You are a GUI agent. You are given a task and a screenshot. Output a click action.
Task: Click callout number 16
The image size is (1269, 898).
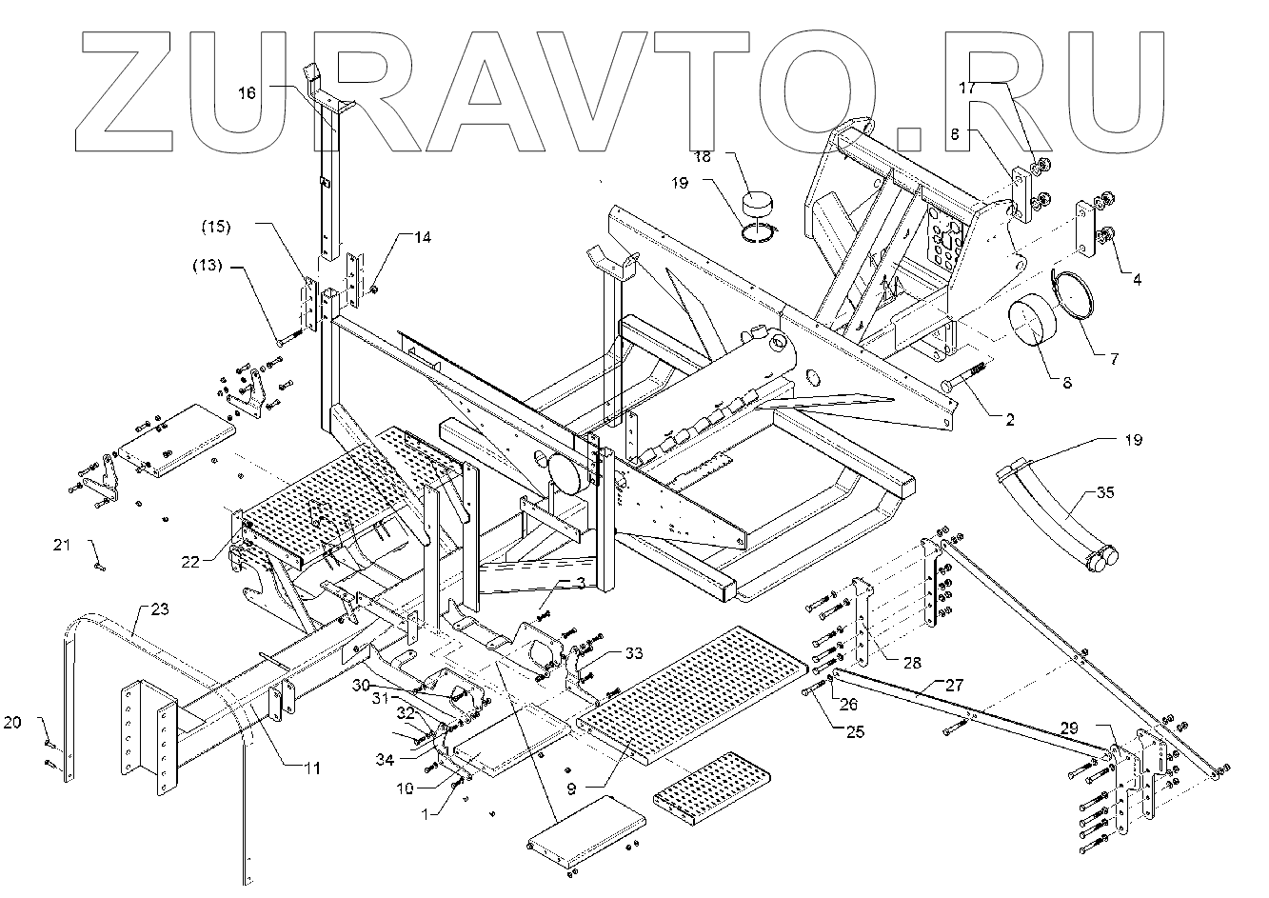click(247, 93)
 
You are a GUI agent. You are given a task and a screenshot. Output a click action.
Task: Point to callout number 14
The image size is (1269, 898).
click(421, 237)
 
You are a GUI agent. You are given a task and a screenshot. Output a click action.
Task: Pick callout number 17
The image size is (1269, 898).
click(967, 87)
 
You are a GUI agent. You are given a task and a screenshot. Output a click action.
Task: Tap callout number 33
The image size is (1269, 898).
click(634, 654)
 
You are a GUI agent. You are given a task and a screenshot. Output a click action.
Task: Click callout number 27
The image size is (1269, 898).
click(955, 684)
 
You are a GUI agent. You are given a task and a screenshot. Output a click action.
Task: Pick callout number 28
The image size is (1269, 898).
click(912, 661)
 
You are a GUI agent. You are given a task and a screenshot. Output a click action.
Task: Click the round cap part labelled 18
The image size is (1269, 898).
click(760, 205)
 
